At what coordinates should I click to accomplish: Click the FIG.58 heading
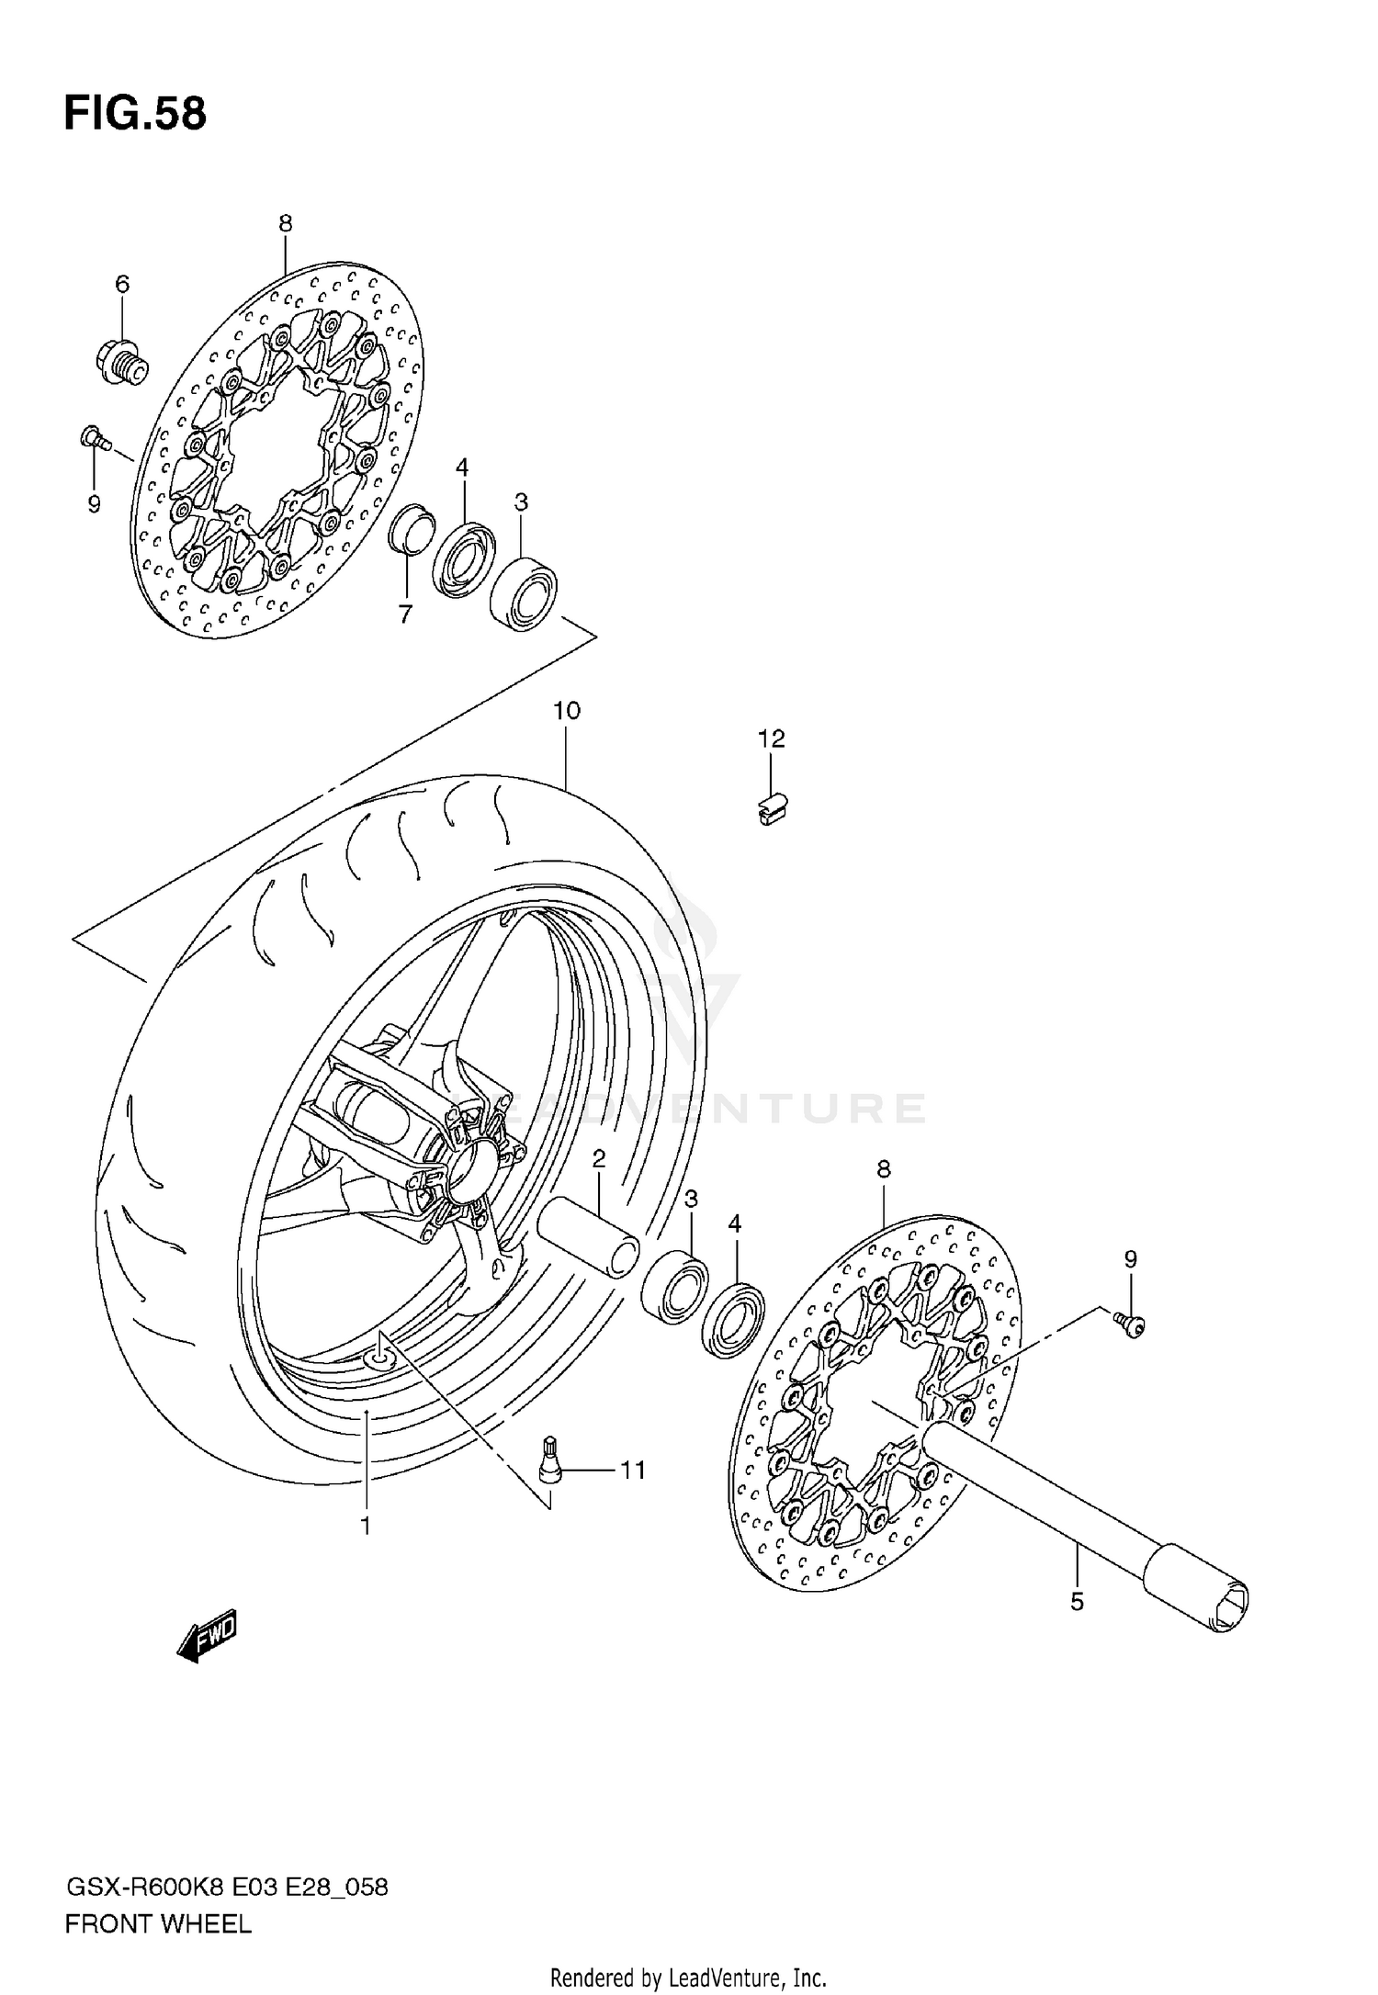coord(135,115)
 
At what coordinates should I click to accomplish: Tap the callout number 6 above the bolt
coord(122,285)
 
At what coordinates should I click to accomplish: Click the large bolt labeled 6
coord(120,362)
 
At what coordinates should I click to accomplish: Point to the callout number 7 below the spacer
coord(405,614)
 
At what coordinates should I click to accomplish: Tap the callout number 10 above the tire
coord(567,710)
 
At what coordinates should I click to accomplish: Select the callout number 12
coord(772,738)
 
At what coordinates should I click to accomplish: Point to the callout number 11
coord(632,1471)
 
